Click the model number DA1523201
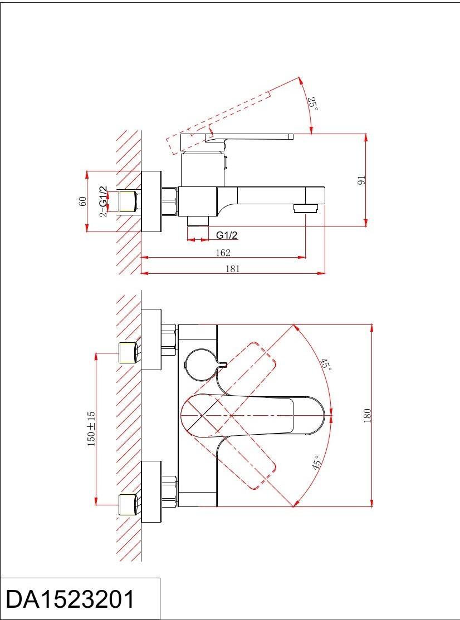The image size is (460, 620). click(70, 599)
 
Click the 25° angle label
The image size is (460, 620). click(312, 104)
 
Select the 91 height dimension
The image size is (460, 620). click(361, 180)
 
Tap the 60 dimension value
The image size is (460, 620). click(82, 201)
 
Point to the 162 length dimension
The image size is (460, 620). click(223, 253)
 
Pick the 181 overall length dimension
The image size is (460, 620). click(233, 269)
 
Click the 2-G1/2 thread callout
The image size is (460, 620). click(103, 201)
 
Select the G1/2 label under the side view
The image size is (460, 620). click(227, 235)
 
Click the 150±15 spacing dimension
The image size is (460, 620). click(91, 429)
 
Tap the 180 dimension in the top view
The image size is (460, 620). click(367, 415)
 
